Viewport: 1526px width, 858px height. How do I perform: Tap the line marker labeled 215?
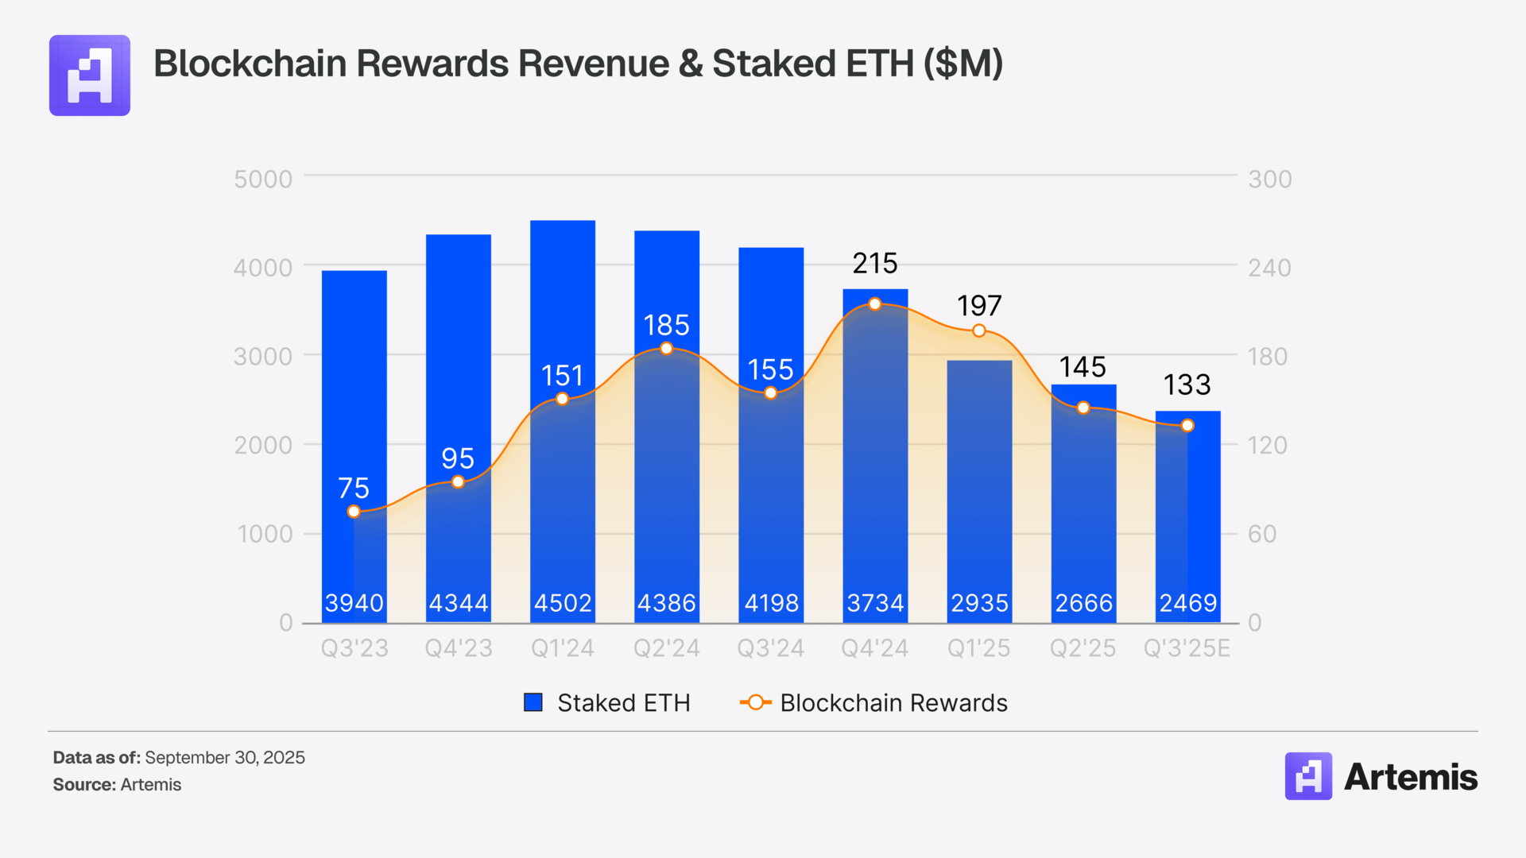[x=875, y=304]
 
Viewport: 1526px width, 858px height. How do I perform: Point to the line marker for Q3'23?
[x=354, y=512]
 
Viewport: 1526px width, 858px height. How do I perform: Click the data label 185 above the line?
[x=666, y=326]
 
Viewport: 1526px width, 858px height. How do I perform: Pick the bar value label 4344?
[x=459, y=603]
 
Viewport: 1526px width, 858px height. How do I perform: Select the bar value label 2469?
[x=1188, y=603]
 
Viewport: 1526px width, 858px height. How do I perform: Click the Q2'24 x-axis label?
[x=666, y=648]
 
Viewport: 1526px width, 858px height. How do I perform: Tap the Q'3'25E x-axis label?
[x=1187, y=648]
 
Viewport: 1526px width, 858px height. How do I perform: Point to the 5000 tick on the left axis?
[x=263, y=180]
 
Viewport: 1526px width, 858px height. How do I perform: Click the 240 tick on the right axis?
[x=1269, y=269]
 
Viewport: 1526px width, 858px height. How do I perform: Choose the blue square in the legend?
[x=533, y=702]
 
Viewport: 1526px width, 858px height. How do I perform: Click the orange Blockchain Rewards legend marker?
[x=755, y=702]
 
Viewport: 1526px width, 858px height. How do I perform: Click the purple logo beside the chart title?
[x=90, y=75]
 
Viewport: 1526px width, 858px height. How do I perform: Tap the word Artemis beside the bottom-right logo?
[x=1411, y=777]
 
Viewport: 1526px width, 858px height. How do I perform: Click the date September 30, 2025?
[x=225, y=758]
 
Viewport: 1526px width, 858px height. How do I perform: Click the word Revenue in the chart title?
[x=594, y=64]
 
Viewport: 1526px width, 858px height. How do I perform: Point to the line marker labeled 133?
[x=1187, y=426]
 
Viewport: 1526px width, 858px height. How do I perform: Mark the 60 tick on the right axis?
[x=1262, y=534]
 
